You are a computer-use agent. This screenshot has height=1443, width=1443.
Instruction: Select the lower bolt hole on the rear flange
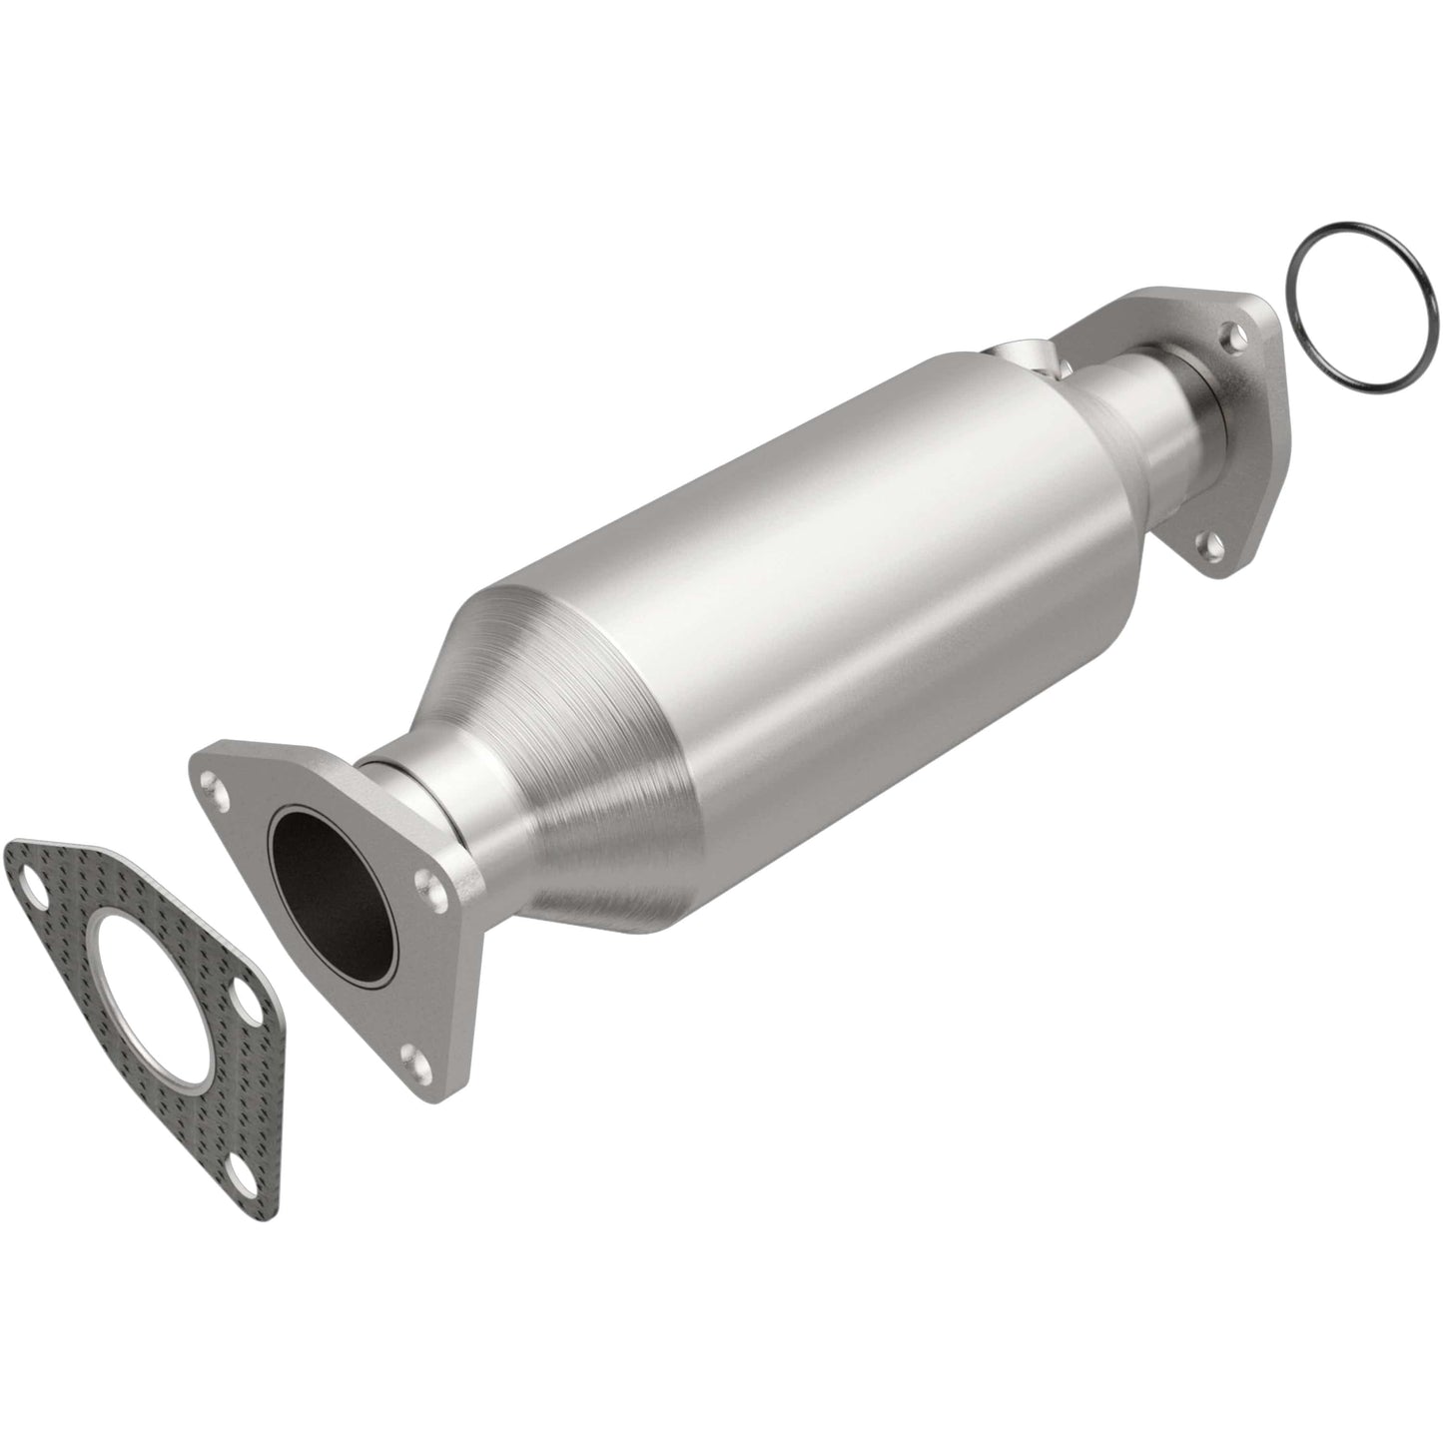pyautogui.click(x=1210, y=545)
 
